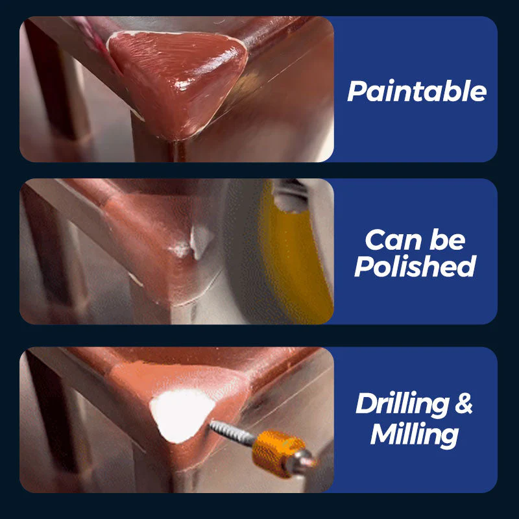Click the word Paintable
click(416, 91)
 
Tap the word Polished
click(415, 266)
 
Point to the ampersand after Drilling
click(463, 404)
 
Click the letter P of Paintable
click(356, 91)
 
